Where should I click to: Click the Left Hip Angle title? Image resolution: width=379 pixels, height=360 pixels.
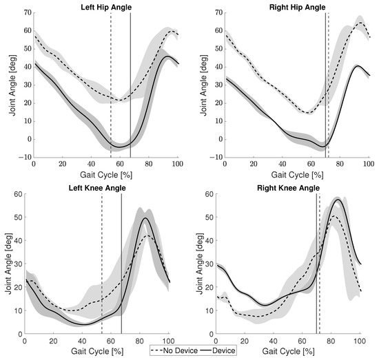click(105, 6)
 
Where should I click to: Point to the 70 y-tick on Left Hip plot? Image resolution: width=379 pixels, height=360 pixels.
click(25, 12)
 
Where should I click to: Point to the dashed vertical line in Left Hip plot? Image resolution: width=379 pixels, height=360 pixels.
click(111, 83)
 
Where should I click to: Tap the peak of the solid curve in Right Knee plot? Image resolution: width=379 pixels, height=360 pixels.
click(337, 199)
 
